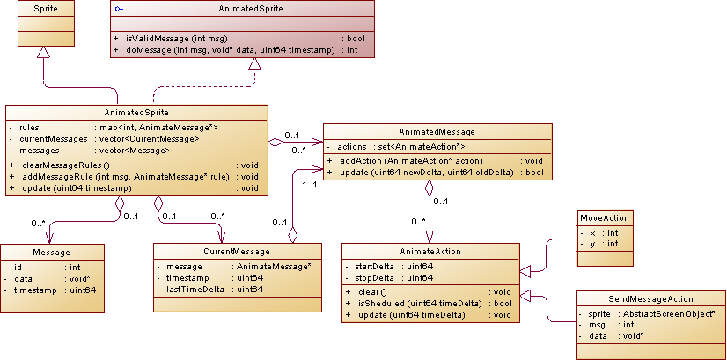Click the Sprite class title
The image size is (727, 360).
pyautogui.click(x=40, y=8)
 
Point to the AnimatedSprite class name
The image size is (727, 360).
pyautogui.click(x=136, y=113)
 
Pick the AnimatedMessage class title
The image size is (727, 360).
pyautogui.click(x=437, y=130)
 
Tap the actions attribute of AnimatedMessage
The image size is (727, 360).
pyautogui.click(x=352, y=146)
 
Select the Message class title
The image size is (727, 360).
pyautogui.click(x=51, y=252)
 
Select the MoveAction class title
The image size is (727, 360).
pyautogui.click(x=605, y=217)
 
